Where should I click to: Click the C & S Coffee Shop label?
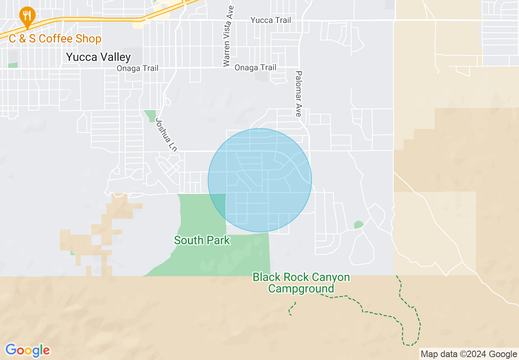coord(55,39)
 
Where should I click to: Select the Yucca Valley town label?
coord(98,57)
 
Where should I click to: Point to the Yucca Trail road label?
coord(271,20)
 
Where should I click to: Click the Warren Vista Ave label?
coord(228,36)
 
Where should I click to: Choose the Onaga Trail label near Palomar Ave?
coord(255,67)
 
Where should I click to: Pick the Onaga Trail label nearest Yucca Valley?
coord(137,68)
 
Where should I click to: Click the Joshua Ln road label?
coord(166,135)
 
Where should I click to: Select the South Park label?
coord(202,240)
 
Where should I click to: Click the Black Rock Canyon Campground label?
coord(301,283)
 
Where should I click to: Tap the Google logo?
coord(27,350)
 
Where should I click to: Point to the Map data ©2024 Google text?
coord(469,354)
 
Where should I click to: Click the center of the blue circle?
coord(259,180)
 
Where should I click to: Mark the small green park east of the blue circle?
coord(359,225)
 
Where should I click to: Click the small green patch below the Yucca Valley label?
coord(13,65)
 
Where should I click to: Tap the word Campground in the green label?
coord(301,288)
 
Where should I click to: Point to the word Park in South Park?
coord(218,240)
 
